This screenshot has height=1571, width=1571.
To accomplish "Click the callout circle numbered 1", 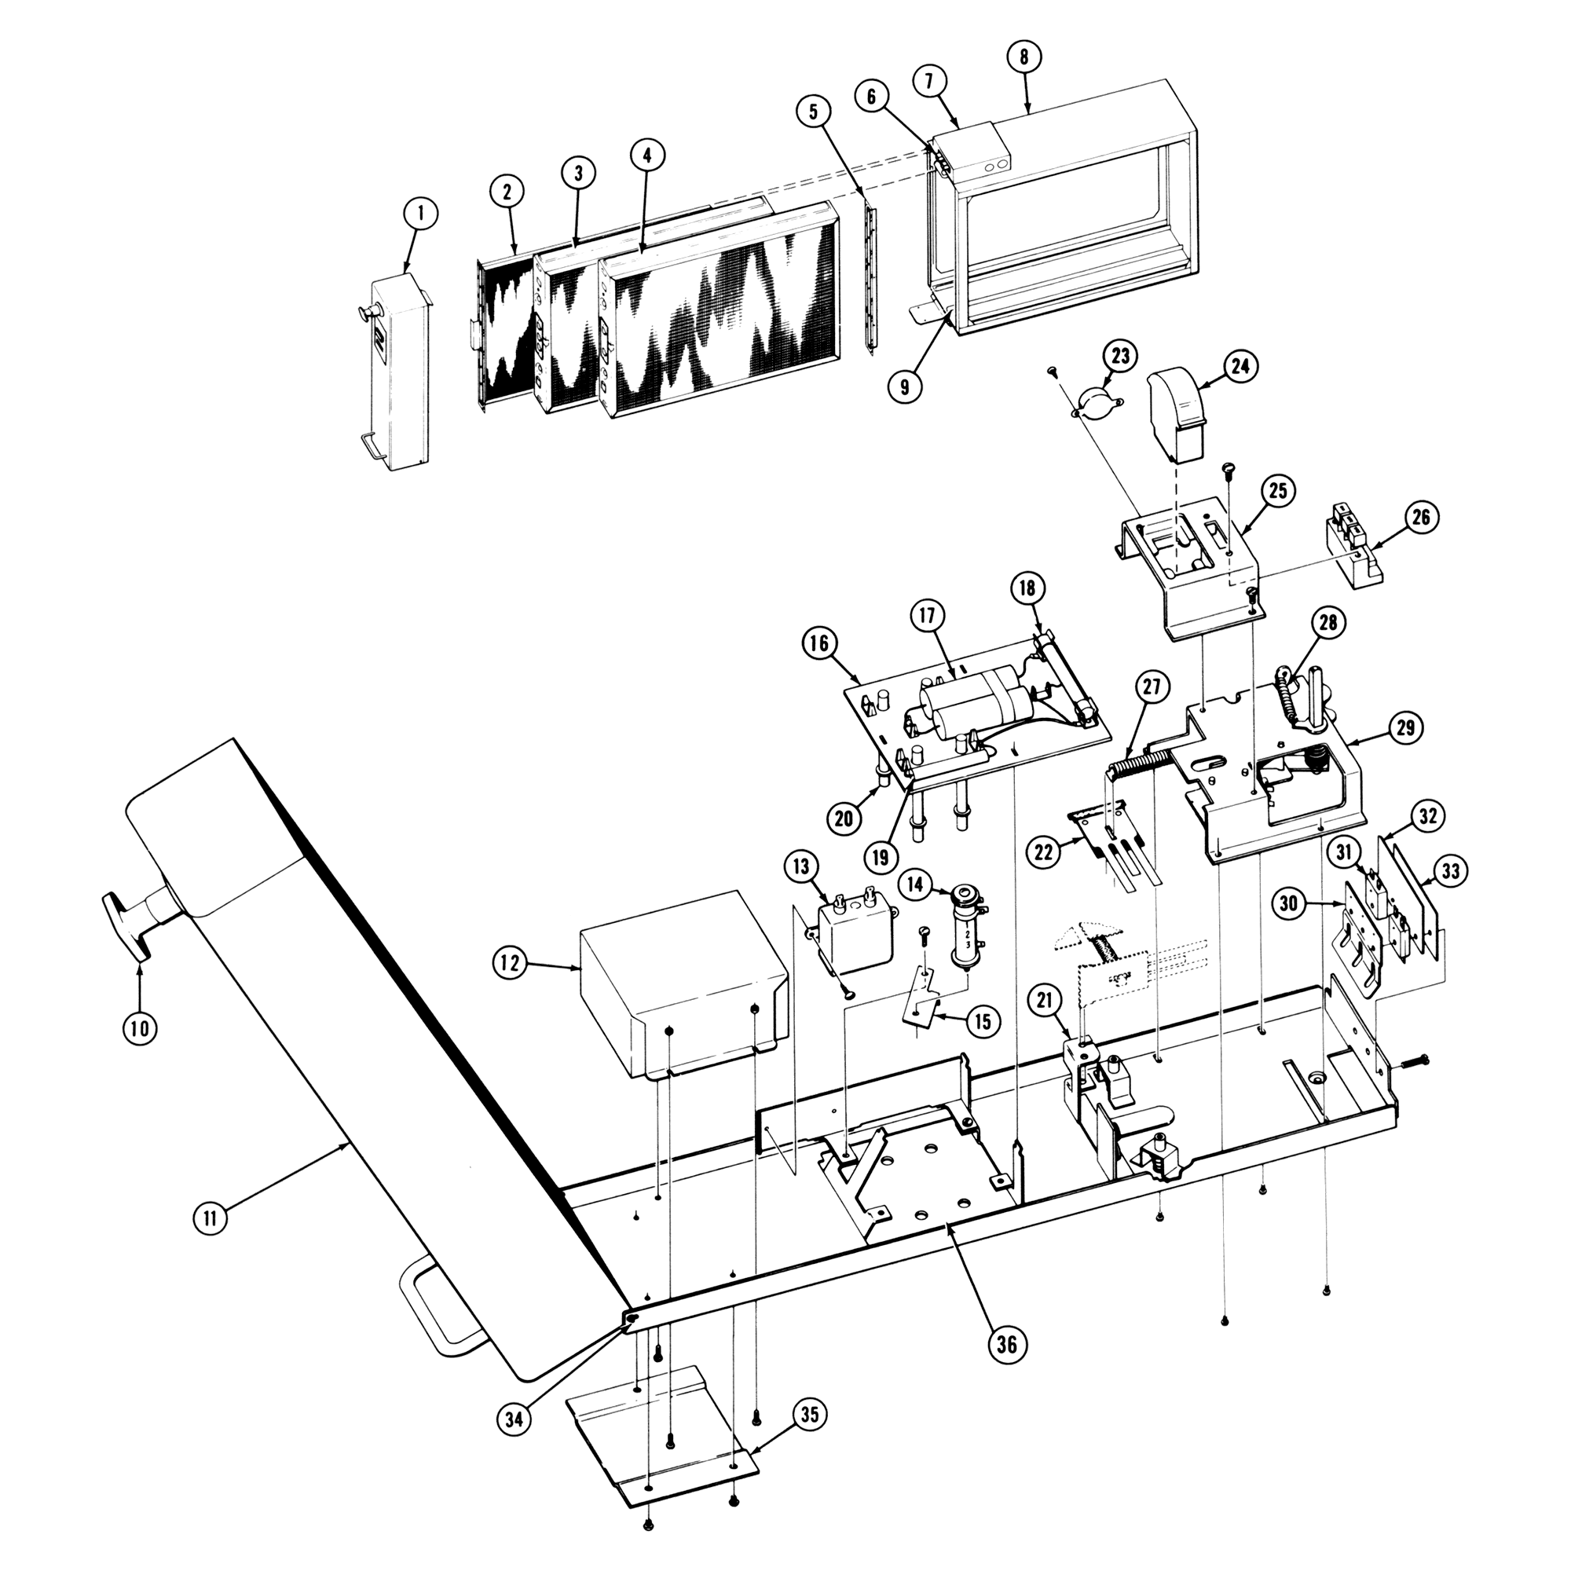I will [420, 214].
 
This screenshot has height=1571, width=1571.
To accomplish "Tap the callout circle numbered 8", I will [1023, 57].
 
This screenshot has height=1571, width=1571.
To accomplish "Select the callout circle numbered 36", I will [1007, 1344].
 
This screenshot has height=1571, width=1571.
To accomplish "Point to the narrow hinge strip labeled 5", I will [871, 276].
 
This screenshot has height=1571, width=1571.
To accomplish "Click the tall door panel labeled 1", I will [399, 374].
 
